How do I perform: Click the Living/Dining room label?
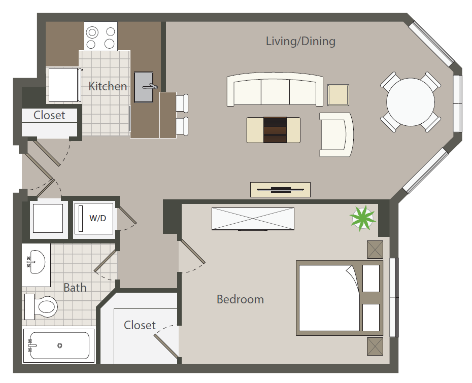click(x=300, y=42)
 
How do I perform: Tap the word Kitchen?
click(x=108, y=86)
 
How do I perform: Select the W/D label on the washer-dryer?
click(x=98, y=219)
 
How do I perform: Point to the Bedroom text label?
click(x=240, y=299)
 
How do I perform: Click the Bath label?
click(x=75, y=288)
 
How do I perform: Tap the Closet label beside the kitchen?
click(x=49, y=115)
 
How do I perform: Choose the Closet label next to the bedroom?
click(x=140, y=325)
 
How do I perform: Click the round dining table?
click(x=410, y=101)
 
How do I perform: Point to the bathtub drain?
click(x=60, y=345)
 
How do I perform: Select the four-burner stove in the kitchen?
click(x=100, y=37)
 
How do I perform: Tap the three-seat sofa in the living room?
click(x=275, y=90)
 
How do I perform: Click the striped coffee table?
click(x=273, y=130)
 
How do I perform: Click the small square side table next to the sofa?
click(x=339, y=95)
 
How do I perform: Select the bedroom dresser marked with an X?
click(x=253, y=219)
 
